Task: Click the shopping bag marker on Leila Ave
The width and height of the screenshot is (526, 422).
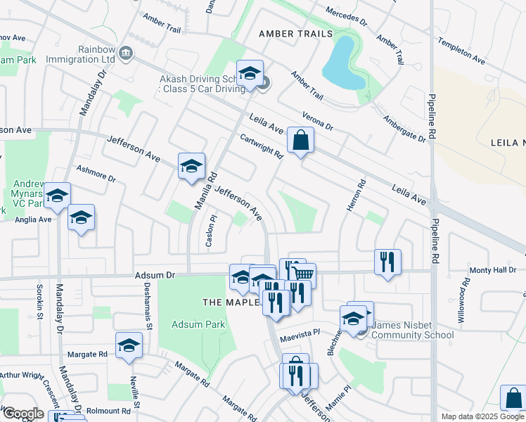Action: pos(300,140)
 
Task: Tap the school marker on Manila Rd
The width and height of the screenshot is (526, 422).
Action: pos(191,167)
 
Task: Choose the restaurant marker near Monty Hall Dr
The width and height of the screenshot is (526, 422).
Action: pos(387,262)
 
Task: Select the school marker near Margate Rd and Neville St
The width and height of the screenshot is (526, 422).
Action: pos(129,345)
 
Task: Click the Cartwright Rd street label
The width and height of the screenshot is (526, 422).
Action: pos(261,146)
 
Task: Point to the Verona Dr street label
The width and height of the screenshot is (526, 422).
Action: pos(316,120)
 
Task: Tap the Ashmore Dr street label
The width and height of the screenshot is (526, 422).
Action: pos(96,173)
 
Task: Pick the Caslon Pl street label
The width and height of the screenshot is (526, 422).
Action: pos(210,230)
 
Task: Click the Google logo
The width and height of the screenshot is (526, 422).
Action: pos(23,414)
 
